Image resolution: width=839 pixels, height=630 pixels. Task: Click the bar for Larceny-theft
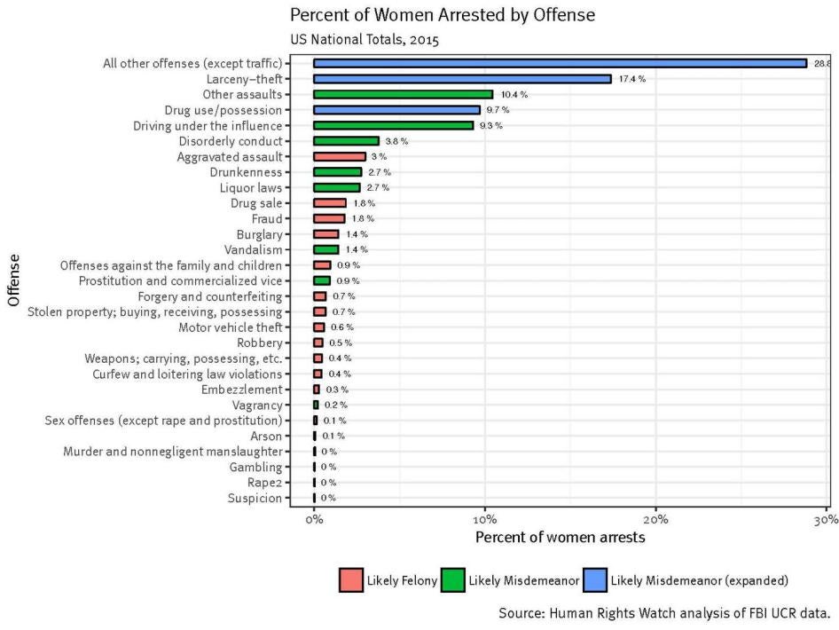pos(462,79)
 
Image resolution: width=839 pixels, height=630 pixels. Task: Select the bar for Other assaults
pos(403,94)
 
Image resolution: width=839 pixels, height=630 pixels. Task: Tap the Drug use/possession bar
pos(396,110)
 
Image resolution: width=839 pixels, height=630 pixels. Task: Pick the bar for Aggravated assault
pos(339,156)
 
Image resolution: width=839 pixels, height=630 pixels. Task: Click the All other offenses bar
pos(560,63)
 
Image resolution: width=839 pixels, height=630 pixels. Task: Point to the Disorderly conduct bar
pos(346,141)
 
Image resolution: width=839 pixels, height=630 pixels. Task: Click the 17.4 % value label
pos(631,79)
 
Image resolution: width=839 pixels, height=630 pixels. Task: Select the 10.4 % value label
pos(514,94)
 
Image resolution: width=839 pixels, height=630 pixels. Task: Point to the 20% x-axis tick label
pos(655,518)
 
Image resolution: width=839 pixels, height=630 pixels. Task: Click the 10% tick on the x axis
pos(484,518)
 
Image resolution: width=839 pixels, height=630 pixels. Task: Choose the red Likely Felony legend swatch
pos(351,580)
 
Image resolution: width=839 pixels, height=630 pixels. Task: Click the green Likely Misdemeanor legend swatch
pos(452,580)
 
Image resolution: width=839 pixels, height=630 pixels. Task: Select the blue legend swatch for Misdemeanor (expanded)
pos(595,580)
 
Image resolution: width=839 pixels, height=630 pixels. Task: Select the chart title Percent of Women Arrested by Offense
pos(442,15)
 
